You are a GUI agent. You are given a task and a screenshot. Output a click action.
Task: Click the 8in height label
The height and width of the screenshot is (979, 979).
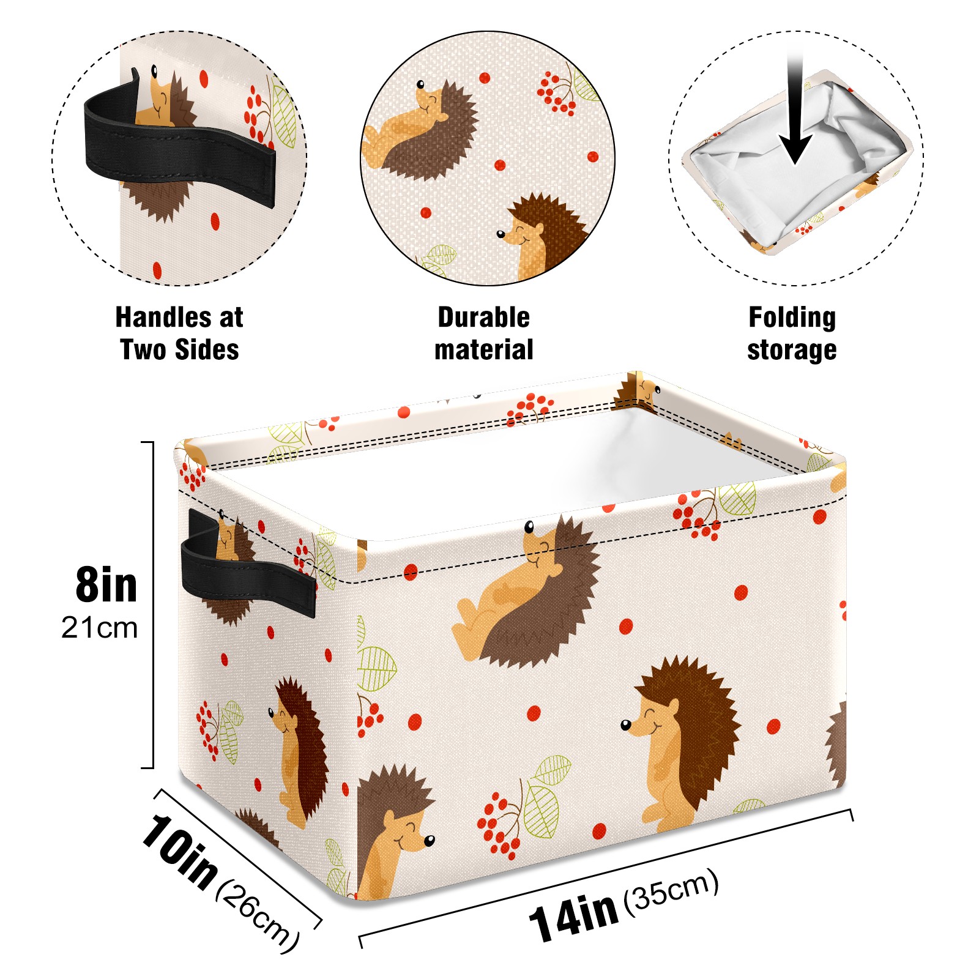(106, 585)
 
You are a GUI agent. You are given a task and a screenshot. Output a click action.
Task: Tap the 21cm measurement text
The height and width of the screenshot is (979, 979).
(100, 628)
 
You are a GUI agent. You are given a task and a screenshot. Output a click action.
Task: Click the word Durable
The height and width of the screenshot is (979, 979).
(483, 317)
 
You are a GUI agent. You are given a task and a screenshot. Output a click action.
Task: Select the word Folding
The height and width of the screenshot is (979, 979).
(792, 318)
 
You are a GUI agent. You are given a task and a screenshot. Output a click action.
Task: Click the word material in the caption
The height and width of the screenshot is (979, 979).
(483, 349)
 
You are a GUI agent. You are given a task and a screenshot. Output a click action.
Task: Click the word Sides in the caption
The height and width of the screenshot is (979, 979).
(207, 349)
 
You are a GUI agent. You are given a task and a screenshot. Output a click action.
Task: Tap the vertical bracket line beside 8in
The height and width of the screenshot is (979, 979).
(152, 605)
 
